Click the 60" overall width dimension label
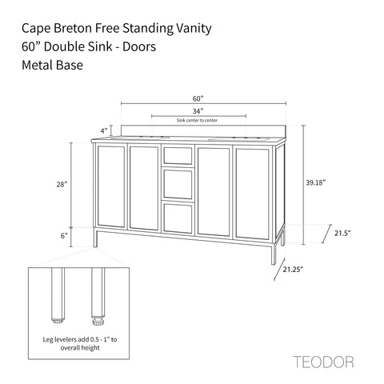click(x=198, y=98)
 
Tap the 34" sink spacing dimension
click(x=198, y=111)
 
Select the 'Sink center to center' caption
click(x=197, y=120)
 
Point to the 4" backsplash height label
click(x=104, y=131)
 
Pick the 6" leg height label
click(x=64, y=236)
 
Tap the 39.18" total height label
click(x=316, y=182)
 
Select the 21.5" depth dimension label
click(x=342, y=233)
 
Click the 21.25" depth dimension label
click(x=293, y=270)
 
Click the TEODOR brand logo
click(x=324, y=362)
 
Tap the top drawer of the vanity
click(x=178, y=155)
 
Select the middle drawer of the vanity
click(x=178, y=184)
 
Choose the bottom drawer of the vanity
click(x=178, y=218)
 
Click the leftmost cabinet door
click(x=111, y=186)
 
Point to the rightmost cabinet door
click(x=252, y=194)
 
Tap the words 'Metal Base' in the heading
click(x=52, y=65)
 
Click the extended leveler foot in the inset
click(x=98, y=321)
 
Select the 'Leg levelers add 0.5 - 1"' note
click(x=80, y=339)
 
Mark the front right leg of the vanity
click(x=274, y=254)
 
